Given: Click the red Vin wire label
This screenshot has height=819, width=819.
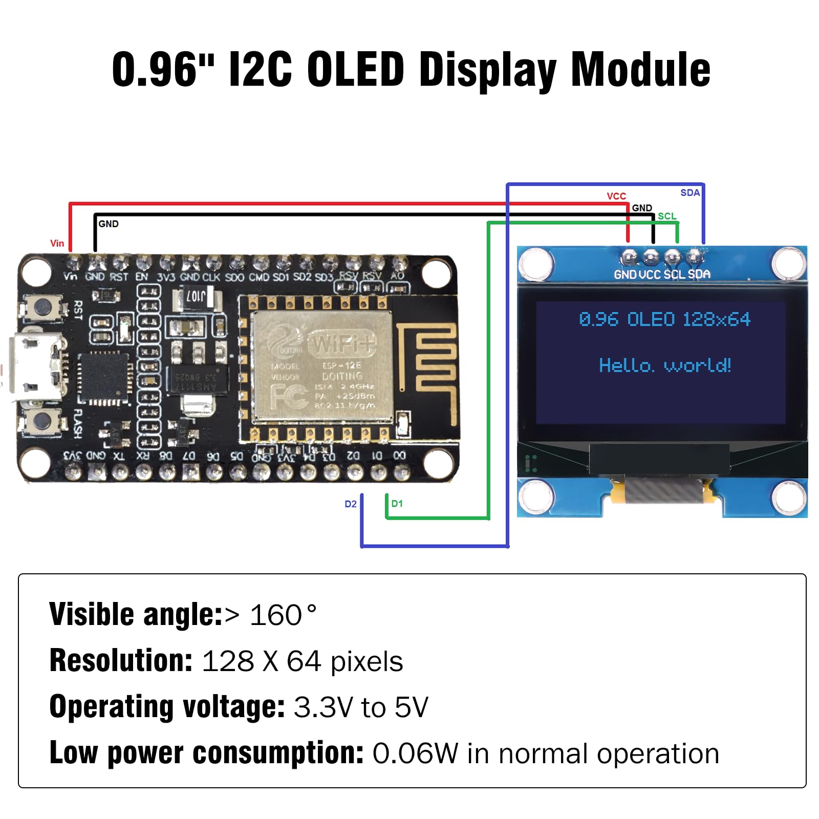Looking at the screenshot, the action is (57, 243).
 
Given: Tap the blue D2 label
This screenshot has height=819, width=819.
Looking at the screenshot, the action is (350, 504).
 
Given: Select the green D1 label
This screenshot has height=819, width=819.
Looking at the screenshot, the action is (397, 504).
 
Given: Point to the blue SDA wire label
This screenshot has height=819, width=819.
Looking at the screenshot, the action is (689, 192).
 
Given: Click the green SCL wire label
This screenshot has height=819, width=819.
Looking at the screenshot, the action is (666, 216).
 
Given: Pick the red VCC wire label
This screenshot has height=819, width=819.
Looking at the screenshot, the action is (616, 196).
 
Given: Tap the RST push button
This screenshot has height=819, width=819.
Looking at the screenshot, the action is (42, 307).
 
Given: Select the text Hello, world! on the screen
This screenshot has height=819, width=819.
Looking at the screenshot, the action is (664, 365).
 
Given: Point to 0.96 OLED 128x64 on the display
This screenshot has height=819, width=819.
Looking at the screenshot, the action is (664, 319).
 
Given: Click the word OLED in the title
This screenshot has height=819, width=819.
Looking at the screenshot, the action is (356, 70).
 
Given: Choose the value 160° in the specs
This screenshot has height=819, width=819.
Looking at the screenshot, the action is (283, 615).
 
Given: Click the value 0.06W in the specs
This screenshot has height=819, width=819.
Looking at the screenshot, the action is (415, 753).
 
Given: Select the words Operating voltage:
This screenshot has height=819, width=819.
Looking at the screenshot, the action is (167, 707).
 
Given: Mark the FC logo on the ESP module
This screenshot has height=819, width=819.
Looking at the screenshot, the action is (288, 396).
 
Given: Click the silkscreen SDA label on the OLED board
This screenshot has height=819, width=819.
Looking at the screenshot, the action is (699, 274).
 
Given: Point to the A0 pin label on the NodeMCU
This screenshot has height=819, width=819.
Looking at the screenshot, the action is (397, 276).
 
